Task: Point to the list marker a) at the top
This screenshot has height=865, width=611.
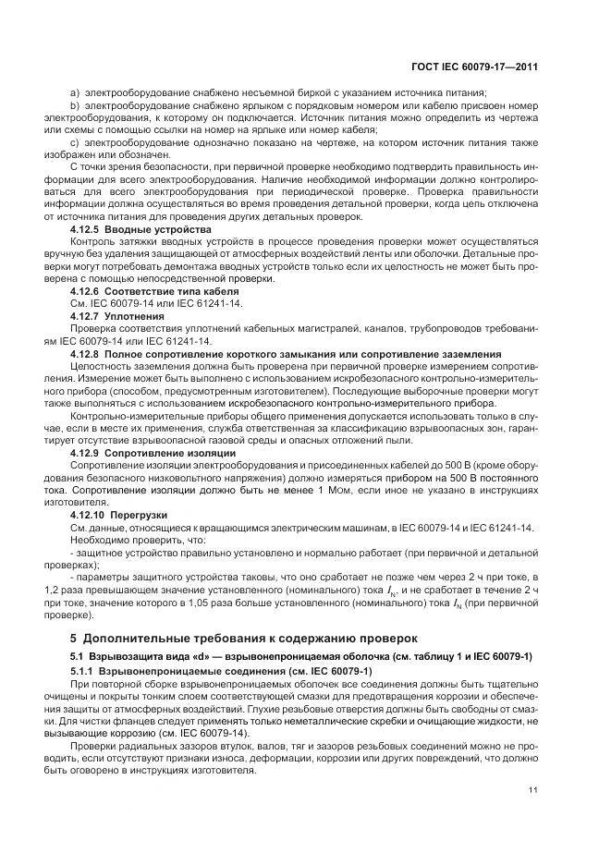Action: point(74,93)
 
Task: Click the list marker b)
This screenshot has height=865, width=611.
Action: point(74,106)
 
